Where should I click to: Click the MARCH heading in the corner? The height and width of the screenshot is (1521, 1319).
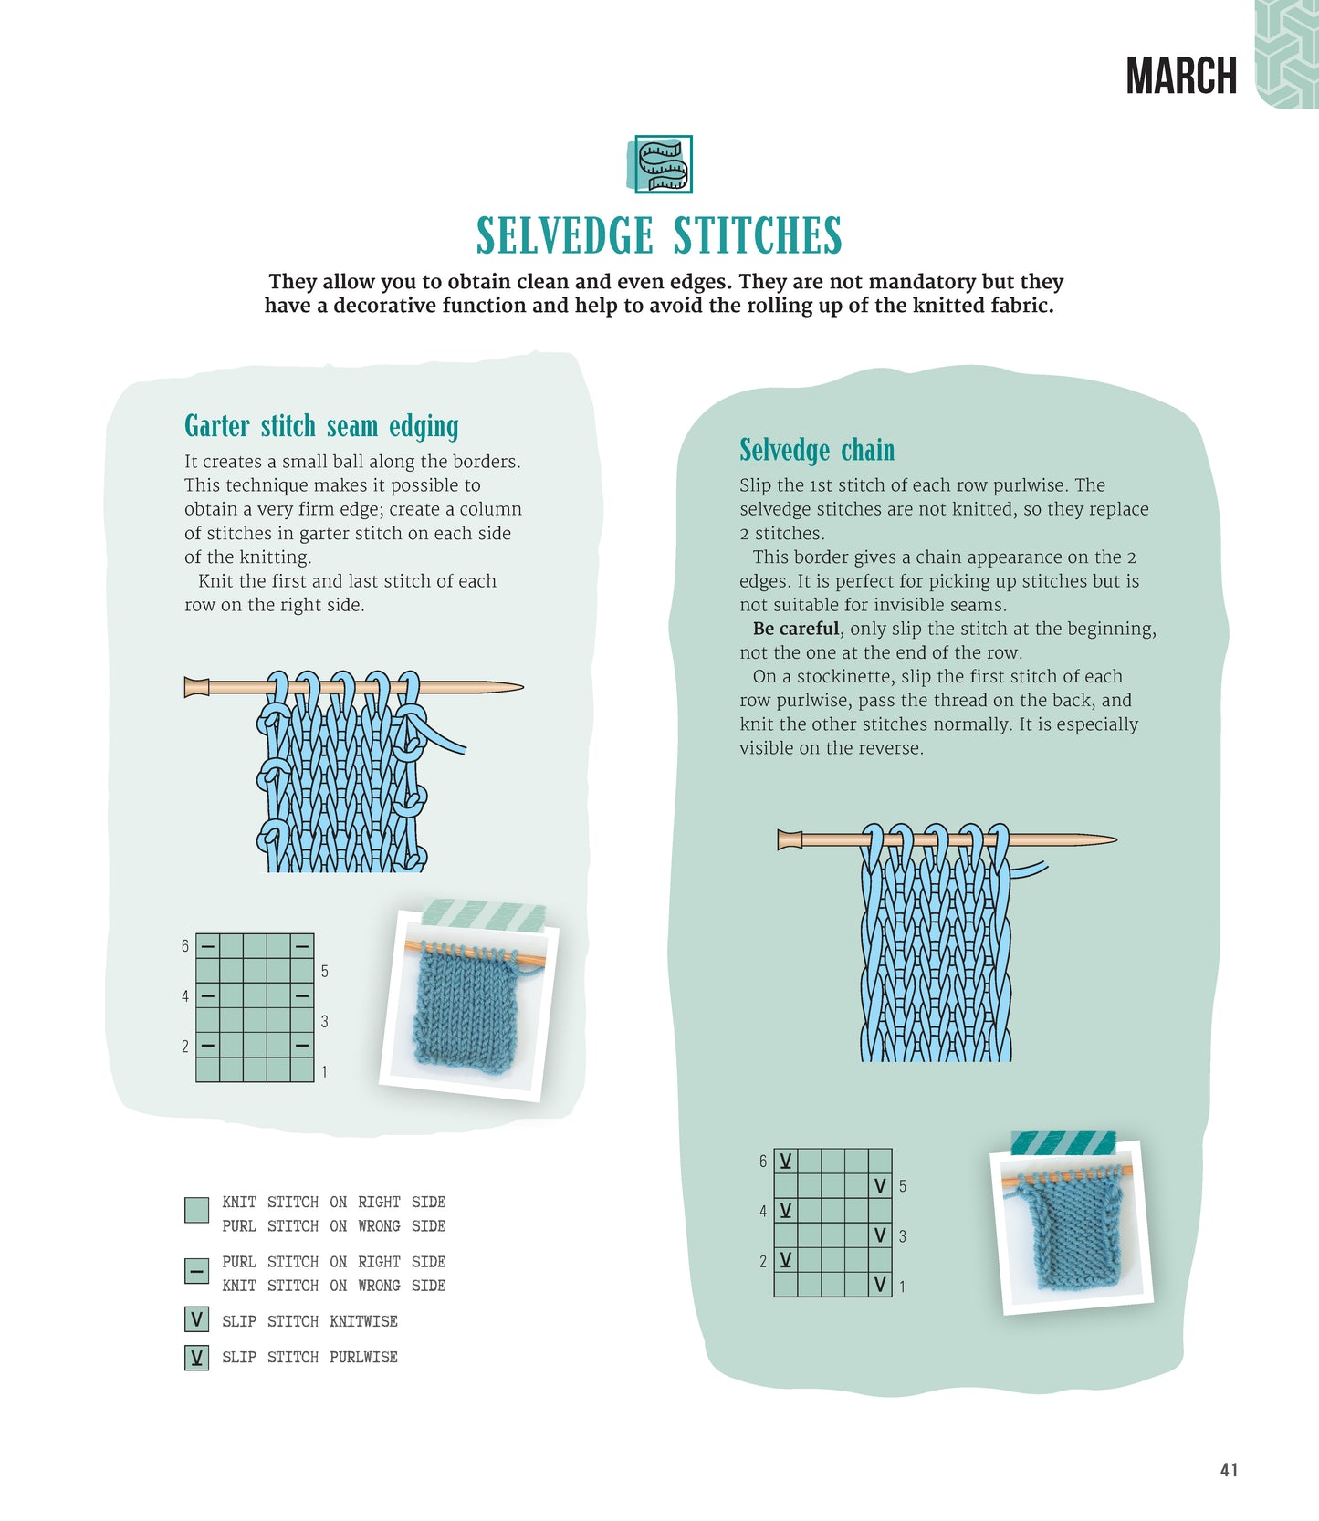pyautogui.click(x=1181, y=76)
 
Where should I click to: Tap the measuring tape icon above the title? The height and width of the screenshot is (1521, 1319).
pyautogui.click(x=663, y=164)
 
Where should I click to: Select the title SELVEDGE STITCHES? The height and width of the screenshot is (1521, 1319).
pyautogui.click(x=659, y=235)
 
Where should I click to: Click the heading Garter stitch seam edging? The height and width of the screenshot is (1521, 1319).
pyautogui.click(x=321, y=427)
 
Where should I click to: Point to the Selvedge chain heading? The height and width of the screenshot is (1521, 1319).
pyautogui.click(x=817, y=451)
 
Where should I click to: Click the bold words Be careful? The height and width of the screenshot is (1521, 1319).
pyautogui.click(x=795, y=629)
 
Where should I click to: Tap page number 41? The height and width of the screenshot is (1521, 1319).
pyautogui.click(x=1229, y=1469)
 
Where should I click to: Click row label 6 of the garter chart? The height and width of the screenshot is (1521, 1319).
pyautogui.click(x=185, y=946)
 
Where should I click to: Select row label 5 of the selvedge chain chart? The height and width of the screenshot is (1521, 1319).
pyautogui.click(x=903, y=1186)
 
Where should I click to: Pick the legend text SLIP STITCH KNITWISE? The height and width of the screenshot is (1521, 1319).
pyautogui.click(x=309, y=1321)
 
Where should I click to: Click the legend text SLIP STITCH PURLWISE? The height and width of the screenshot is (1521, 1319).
pyautogui.click(x=309, y=1358)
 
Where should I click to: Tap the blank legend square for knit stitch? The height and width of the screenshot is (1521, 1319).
pyautogui.click(x=196, y=1210)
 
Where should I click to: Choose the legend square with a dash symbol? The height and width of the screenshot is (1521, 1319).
pyautogui.click(x=196, y=1270)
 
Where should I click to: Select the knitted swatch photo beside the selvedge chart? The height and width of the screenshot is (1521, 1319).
pyautogui.click(x=1073, y=1232)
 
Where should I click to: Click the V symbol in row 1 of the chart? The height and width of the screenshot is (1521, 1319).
pyautogui.click(x=880, y=1285)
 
